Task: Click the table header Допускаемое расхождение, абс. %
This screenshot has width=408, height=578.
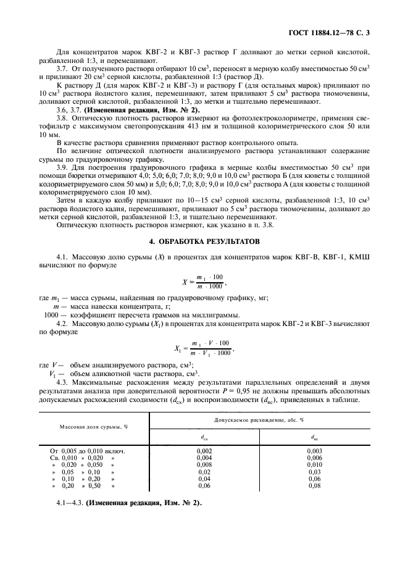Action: [259, 419]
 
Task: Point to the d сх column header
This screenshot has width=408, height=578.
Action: [204, 436]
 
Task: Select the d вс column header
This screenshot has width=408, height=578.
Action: [314, 436]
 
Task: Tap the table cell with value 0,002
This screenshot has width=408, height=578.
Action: [204, 451]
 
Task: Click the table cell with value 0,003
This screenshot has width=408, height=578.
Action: [314, 451]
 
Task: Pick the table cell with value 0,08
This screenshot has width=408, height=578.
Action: [314, 485]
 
